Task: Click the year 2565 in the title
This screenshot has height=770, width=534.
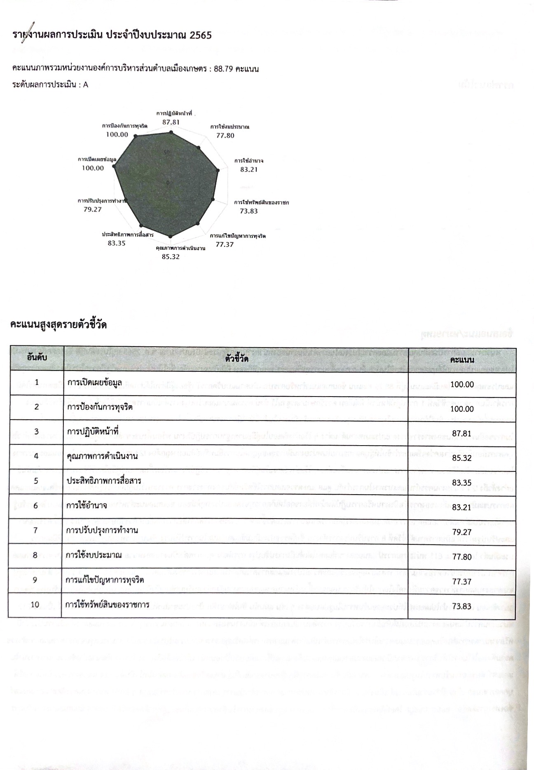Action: pyautogui.click(x=201, y=35)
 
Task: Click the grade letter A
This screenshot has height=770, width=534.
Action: pyautogui.click(x=86, y=85)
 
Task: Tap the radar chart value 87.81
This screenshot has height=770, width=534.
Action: pyautogui.click(x=171, y=122)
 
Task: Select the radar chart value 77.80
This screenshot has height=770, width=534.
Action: pyautogui.click(x=225, y=135)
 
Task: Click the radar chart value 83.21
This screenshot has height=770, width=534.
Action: pyautogui.click(x=249, y=169)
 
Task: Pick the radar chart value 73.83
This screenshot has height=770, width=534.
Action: pyautogui.click(x=249, y=211)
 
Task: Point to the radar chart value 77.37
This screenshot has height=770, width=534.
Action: pyautogui.click(x=225, y=244)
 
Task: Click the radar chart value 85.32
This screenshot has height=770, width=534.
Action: pyautogui.click(x=171, y=257)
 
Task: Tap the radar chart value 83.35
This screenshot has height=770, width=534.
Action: pyautogui.click(x=117, y=243)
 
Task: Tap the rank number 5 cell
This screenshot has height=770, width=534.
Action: pyautogui.click(x=36, y=481)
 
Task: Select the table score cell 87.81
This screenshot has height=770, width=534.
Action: pyautogui.click(x=462, y=434)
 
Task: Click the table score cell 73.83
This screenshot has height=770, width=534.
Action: pyautogui.click(x=462, y=606)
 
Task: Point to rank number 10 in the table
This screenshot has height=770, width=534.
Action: pyautogui.click(x=35, y=605)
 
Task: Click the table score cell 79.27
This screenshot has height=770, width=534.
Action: pyautogui.click(x=462, y=532)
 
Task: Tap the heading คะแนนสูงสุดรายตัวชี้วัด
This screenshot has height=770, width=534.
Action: pyautogui.click(x=59, y=325)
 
